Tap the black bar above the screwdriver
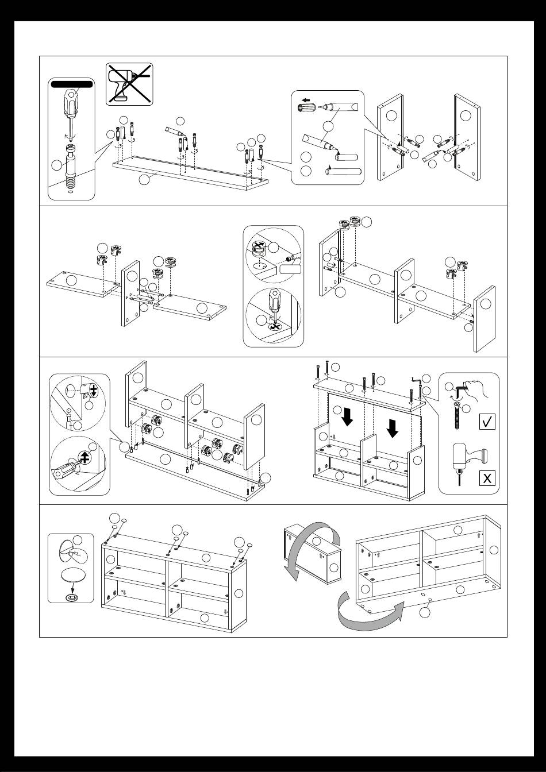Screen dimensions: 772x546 click(72, 84)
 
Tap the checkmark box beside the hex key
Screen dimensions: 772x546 click(486, 422)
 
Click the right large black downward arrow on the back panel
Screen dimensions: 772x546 click(393, 428)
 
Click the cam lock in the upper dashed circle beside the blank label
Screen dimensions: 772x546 click(259, 248)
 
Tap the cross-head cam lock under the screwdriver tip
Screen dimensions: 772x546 click(275, 325)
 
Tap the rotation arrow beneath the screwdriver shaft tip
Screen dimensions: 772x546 click(69, 137)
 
